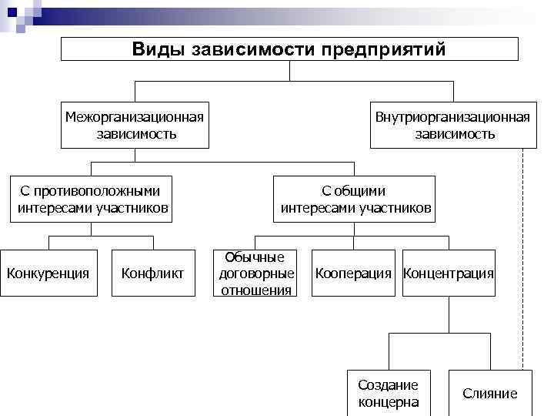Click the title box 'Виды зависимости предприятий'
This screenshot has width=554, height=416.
click(289, 49)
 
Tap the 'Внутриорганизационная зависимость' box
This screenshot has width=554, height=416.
click(452, 125)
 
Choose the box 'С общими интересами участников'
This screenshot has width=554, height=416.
click(355, 200)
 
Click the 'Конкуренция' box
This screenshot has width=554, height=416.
click(48, 273)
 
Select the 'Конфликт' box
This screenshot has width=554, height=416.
click(153, 273)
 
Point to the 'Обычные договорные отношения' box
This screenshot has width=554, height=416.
click(256, 273)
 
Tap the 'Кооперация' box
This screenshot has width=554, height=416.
click(353, 273)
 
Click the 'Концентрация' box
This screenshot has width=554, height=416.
click(449, 273)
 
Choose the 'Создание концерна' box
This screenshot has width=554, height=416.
click(389, 393)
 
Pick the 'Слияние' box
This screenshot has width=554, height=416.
click(490, 393)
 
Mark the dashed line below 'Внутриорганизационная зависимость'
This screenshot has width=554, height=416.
click(523, 254)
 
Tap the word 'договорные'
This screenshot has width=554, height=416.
click(256, 273)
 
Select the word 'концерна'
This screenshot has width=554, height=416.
click(389, 401)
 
